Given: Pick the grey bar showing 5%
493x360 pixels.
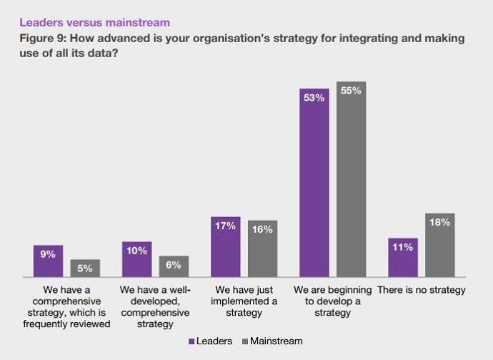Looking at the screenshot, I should click(85, 269).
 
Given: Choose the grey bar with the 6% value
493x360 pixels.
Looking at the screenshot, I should click(174, 266).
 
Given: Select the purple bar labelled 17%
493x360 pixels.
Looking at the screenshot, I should click(226, 247).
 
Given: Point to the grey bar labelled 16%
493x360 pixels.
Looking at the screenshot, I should click(262, 249).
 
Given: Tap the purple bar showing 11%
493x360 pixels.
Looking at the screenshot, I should click(403, 258).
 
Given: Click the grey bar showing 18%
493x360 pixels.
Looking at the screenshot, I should click(439, 245).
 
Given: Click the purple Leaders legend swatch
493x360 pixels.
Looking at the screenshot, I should click(191, 341).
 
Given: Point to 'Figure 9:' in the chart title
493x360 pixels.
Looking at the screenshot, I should click(41, 39).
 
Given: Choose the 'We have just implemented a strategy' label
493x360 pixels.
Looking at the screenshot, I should click(244, 301).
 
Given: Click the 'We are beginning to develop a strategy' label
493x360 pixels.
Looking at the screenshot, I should click(333, 301).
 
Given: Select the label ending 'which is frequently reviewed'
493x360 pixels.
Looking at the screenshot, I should click(66, 307).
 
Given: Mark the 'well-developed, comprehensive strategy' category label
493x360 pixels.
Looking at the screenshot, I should click(155, 307).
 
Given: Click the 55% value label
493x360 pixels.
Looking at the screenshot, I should click(352, 92).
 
